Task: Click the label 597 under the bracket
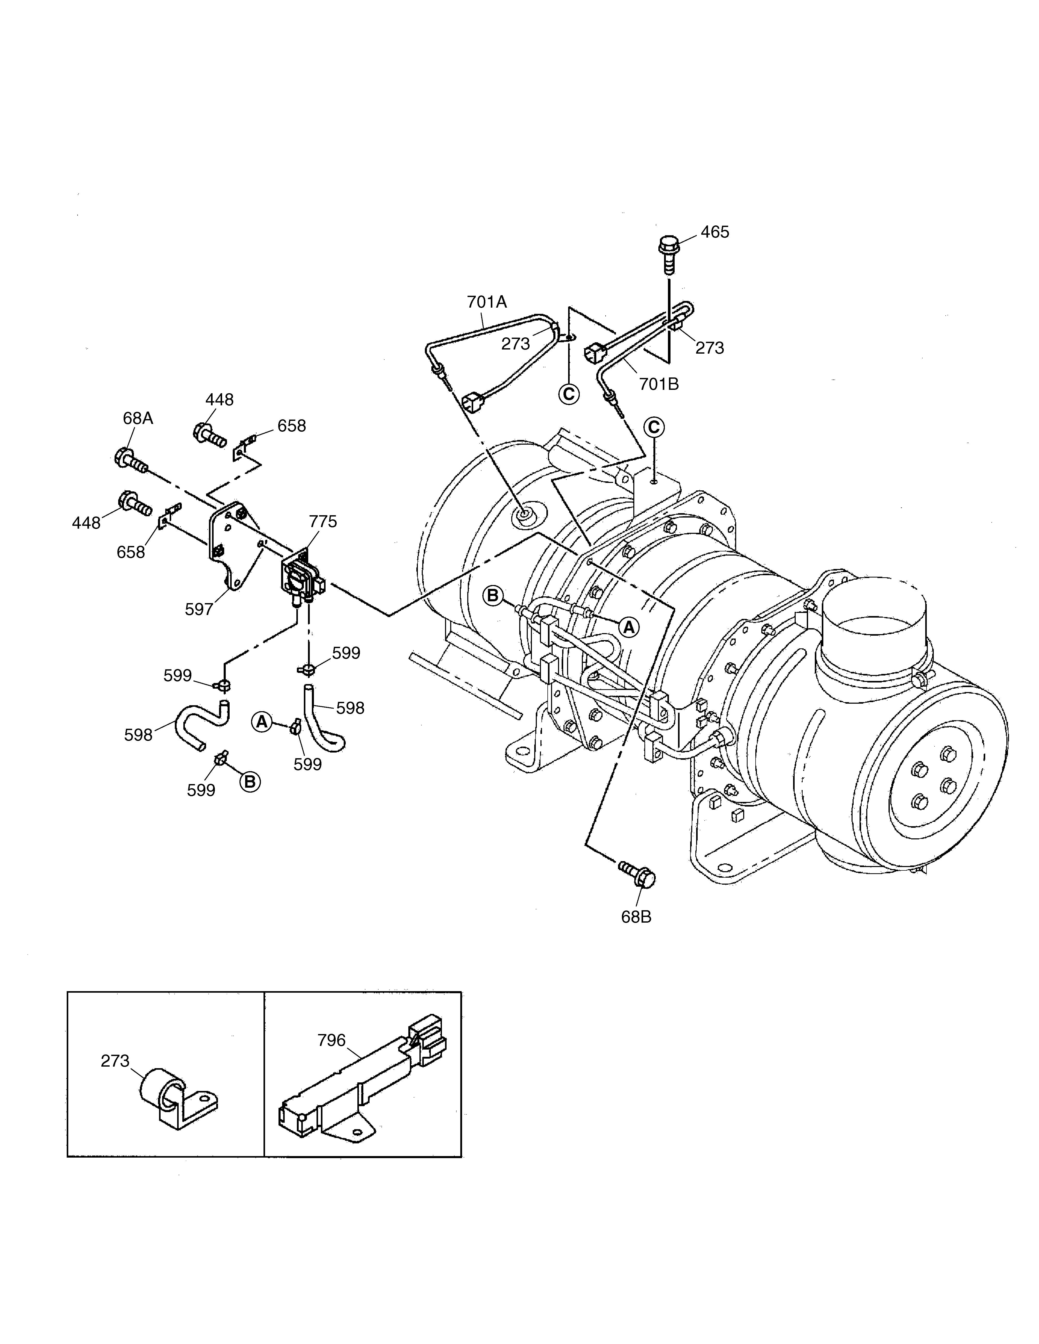pyautogui.click(x=199, y=609)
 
